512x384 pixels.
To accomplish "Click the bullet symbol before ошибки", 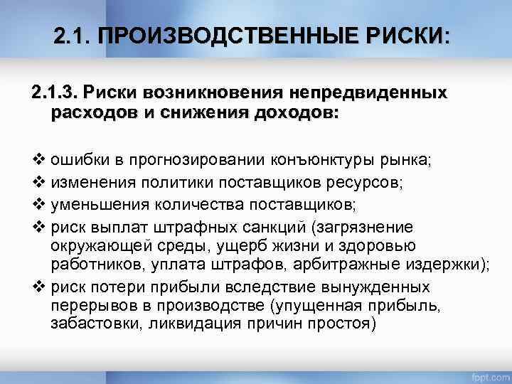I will click(x=39, y=160).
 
